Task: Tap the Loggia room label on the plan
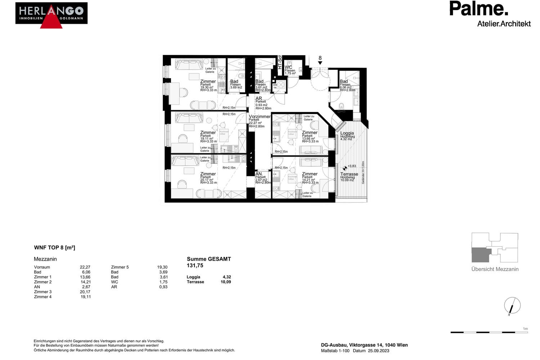[347, 133]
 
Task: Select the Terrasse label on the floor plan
[349, 174]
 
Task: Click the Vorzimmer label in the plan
[260, 117]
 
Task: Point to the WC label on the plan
[288, 67]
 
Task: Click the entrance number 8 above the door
[320, 58]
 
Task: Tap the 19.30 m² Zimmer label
[208, 82]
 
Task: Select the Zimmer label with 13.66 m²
[310, 133]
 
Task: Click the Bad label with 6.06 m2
[344, 82]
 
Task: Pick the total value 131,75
[195, 266]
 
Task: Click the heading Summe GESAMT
[209, 259]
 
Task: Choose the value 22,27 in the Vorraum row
[85, 267]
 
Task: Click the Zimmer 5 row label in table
[120, 267]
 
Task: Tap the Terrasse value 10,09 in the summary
[226, 282]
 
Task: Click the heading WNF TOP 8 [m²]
[54, 248]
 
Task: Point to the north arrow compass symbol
[512, 306]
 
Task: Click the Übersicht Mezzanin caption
[495, 269]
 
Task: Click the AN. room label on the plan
[259, 174]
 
